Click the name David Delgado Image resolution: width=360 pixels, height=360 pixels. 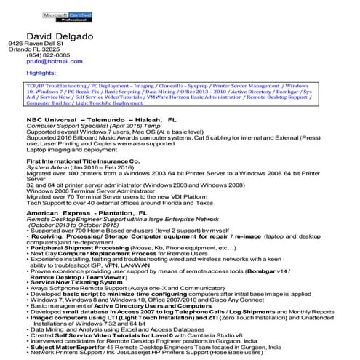(x=60, y=36)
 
